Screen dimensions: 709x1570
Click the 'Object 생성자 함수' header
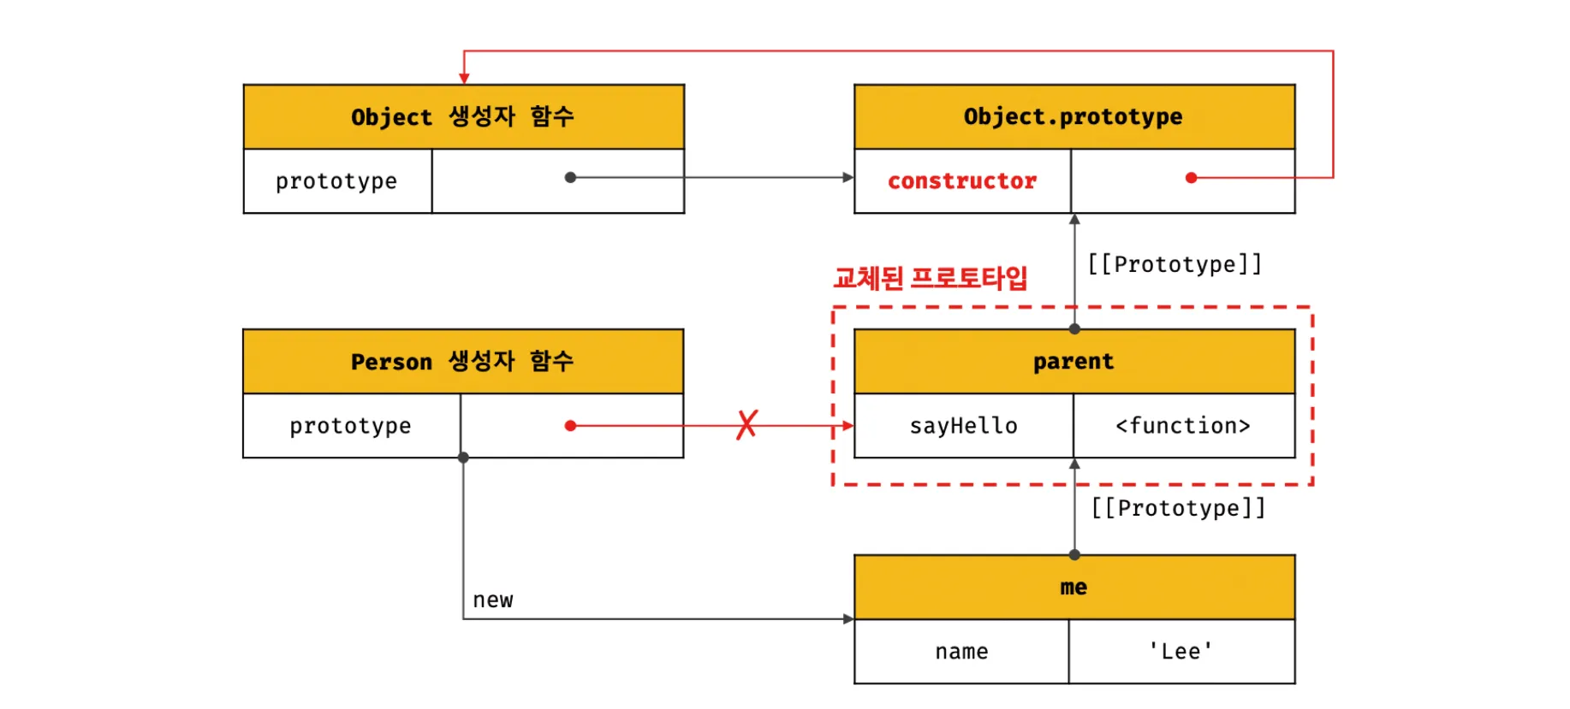pyautogui.click(x=463, y=116)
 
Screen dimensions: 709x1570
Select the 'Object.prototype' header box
pyautogui.click(x=1073, y=116)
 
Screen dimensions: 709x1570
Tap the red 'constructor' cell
pyautogui.click(x=962, y=181)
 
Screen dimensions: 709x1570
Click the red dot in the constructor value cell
pyautogui.click(x=1191, y=178)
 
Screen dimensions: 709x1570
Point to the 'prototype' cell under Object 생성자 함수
pyautogui.click(x=336, y=181)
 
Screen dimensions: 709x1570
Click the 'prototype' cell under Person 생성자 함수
pyautogui.click(x=350, y=426)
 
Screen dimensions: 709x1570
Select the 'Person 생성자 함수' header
pyautogui.click(x=462, y=361)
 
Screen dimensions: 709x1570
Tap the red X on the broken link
pyautogui.click(x=746, y=425)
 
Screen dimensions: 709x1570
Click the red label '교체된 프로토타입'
pyautogui.click(x=930, y=278)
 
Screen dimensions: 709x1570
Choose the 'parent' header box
pyautogui.click(x=1073, y=361)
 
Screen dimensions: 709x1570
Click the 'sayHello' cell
pyautogui.click(x=963, y=426)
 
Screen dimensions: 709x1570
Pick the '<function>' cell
pyautogui.click(x=1183, y=426)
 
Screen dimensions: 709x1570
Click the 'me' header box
pyautogui.click(x=1073, y=587)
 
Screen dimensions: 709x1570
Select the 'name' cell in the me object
pyautogui.click(x=961, y=652)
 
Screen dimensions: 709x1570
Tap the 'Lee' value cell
pyautogui.click(x=1181, y=652)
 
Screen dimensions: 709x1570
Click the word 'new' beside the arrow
pyautogui.click(x=493, y=600)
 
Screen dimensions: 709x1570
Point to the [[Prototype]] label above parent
pyautogui.click(x=1175, y=264)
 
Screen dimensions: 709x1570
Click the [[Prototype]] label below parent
pyautogui.click(x=1178, y=508)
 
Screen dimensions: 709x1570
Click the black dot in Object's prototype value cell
pyautogui.click(x=570, y=178)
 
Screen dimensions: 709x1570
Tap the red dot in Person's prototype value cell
pyautogui.click(x=570, y=426)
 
